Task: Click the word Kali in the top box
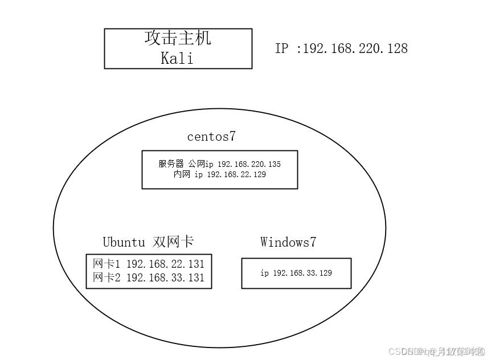coord(177,58)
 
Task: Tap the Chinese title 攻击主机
coord(178,38)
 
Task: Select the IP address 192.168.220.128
coord(355,48)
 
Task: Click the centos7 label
coord(211,137)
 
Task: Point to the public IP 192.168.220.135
coord(249,164)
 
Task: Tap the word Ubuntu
coord(124,242)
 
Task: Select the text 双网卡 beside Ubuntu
coord(173,242)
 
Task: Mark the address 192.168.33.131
coord(165,278)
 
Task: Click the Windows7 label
coord(288,242)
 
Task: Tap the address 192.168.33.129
coord(302,273)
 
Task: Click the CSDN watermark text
coord(393,351)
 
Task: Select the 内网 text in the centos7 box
coord(182,175)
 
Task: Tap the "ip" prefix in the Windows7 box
coord(265,273)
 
